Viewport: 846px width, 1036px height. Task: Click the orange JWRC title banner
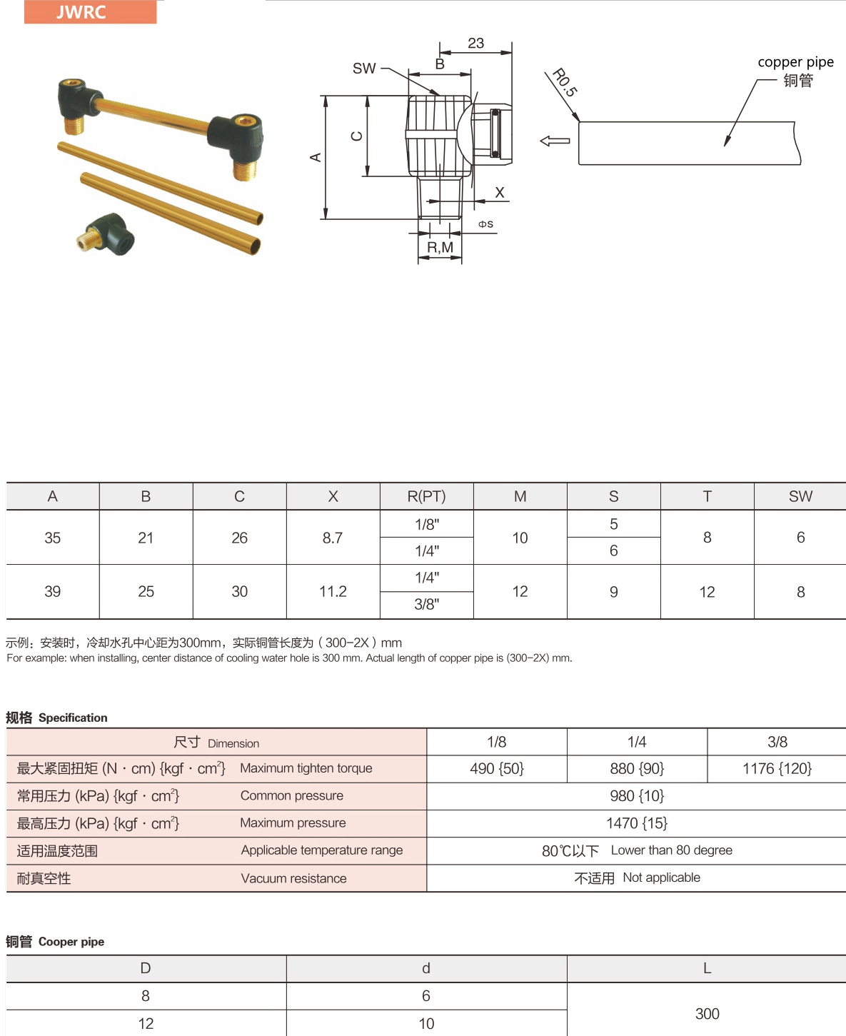(x=90, y=12)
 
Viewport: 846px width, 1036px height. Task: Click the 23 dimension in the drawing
(x=476, y=44)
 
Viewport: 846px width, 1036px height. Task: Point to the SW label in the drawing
(x=364, y=69)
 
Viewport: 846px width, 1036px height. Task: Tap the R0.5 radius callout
(x=565, y=82)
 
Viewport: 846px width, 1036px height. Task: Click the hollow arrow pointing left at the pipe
(x=555, y=141)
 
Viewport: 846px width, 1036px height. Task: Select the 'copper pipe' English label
(x=795, y=62)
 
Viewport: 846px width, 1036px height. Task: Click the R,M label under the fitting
(x=440, y=248)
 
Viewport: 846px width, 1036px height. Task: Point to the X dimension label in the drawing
(x=500, y=193)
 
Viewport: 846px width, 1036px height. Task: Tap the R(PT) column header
(x=426, y=496)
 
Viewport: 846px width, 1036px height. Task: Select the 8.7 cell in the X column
(x=333, y=538)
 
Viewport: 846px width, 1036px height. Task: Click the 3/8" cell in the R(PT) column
(x=426, y=605)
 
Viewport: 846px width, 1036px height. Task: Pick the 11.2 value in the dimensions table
(x=333, y=592)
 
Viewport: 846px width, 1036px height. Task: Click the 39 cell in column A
(x=53, y=592)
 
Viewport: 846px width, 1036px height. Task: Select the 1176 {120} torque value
(x=777, y=769)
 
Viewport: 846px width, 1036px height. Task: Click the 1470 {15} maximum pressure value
(x=636, y=823)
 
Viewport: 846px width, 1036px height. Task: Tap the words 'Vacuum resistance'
(x=293, y=878)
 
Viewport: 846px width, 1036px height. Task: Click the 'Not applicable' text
(x=661, y=877)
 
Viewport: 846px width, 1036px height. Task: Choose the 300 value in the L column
(x=707, y=1014)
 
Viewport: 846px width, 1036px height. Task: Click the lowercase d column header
(x=426, y=968)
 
